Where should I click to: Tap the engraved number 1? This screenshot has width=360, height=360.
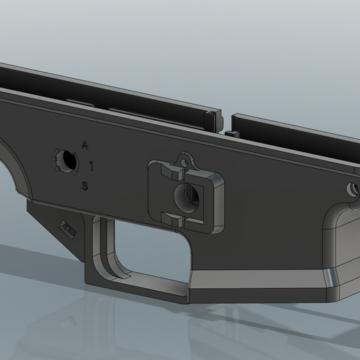point(91,166)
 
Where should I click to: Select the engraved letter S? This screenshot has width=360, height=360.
point(85,186)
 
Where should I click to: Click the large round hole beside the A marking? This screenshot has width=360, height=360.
point(67,160)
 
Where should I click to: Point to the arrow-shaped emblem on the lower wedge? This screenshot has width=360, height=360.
point(68,227)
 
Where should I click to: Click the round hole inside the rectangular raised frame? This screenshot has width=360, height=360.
point(188,197)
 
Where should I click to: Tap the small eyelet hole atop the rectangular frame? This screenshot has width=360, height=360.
point(185,160)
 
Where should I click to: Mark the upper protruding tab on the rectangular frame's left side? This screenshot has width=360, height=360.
point(164,170)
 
